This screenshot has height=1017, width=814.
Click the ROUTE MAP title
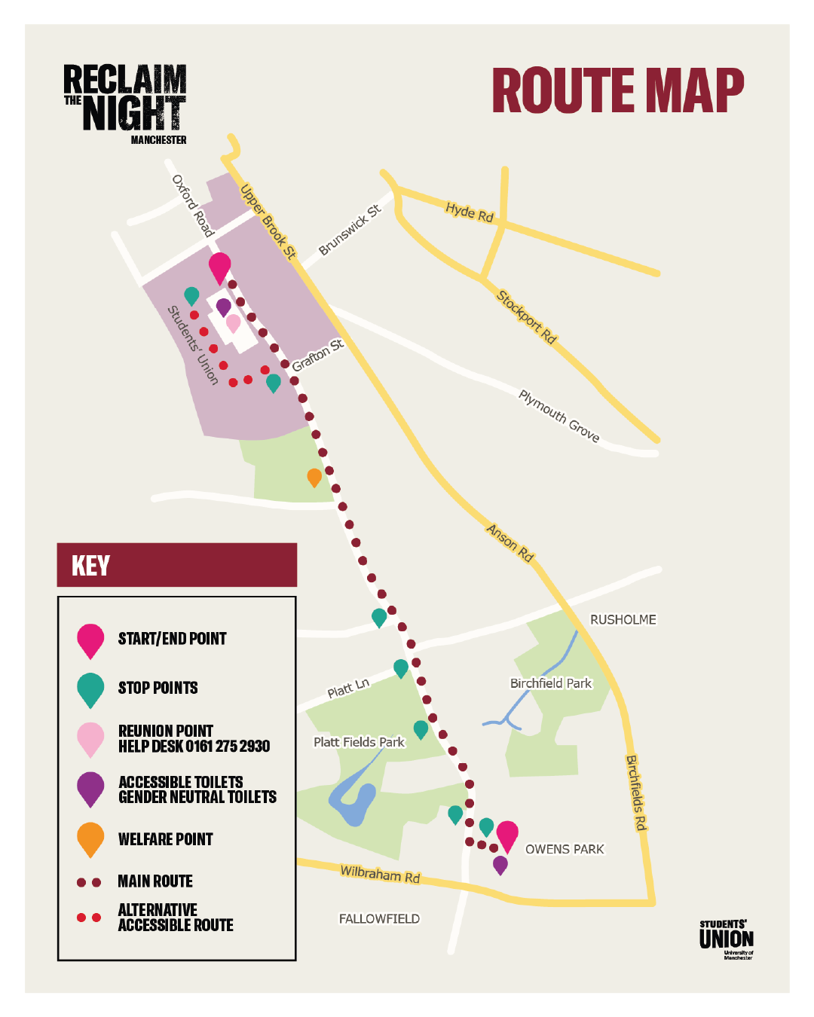[617, 91]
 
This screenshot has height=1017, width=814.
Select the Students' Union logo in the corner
[726, 939]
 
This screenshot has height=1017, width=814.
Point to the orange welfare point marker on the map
[314, 477]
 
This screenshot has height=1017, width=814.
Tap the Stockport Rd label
[526, 317]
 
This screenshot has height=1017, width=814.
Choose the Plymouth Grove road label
[558, 416]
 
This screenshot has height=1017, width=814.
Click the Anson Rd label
[510, 542]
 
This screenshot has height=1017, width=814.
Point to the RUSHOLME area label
[623, 619]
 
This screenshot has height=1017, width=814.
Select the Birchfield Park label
[551, 683]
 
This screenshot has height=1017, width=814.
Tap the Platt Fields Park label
[359, 742]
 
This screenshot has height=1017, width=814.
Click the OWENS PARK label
[565, 849]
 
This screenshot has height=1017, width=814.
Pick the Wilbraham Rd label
[380, 874]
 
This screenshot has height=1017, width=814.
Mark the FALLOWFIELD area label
[379, 918]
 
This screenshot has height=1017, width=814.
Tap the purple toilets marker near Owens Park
[500, 865]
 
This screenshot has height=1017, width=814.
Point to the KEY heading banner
[177, 565]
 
